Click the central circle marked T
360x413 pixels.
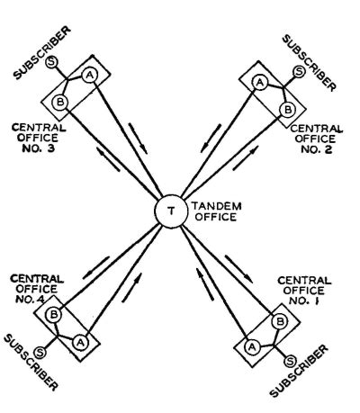tap(171, 211)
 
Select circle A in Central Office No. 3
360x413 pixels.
tap(89, 76)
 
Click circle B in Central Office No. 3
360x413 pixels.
tap(60, 103)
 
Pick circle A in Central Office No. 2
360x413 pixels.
tap(260, 83)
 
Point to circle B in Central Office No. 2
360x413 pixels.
tap(287, 110)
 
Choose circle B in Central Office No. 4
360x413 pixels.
tap(54, 315)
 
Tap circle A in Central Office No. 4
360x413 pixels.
tap(80, 342)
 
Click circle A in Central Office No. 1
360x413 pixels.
tap(252, 347)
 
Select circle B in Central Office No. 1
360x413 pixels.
tap(280, 322)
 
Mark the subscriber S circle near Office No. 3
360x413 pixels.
tap(51, 62)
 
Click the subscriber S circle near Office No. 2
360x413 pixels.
tap(299, 71)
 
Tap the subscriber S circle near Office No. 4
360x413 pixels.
tap(40, 352)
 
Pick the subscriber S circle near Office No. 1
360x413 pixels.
tap(290, 362)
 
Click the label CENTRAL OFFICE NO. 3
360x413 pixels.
tap(39, 138)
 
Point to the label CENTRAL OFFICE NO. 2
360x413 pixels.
tap(317, 139)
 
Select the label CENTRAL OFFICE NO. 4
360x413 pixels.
tap(37, 289)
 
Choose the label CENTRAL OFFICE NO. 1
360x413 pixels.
tap(304, 291)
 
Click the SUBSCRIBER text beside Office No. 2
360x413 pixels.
tap(310, 63)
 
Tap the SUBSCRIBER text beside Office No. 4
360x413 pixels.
tap(31, 363)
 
